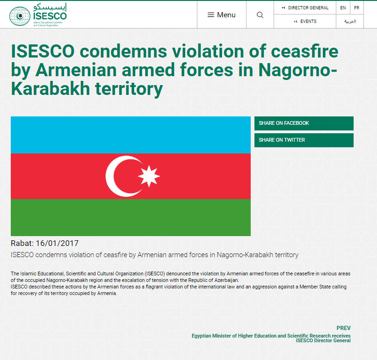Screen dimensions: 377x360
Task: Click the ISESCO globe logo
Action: [20, 16]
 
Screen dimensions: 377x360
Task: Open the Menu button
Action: [221, 15]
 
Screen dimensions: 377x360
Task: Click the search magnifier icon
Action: [260, 15]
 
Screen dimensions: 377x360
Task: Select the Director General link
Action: [305, 8]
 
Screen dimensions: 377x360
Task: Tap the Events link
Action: [305, 22]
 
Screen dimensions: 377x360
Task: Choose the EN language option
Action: [343, 8]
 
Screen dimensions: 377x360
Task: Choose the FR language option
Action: [357, 8]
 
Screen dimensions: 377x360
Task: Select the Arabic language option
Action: [350, 22]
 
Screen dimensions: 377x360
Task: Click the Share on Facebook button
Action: [304, 123]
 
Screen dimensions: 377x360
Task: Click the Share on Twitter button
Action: [304, 140]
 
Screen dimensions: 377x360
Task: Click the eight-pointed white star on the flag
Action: [149, 176]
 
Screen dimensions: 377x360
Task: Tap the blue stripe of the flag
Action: [130, 135]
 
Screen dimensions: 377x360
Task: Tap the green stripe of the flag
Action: [130, 217]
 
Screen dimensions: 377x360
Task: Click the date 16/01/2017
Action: [57, 243]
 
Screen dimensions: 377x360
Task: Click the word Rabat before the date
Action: [22, 243]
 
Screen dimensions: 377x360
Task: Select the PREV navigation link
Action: [344, 328]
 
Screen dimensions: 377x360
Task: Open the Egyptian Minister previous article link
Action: [271, 338]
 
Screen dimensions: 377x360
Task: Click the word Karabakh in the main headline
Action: [51, 89]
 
